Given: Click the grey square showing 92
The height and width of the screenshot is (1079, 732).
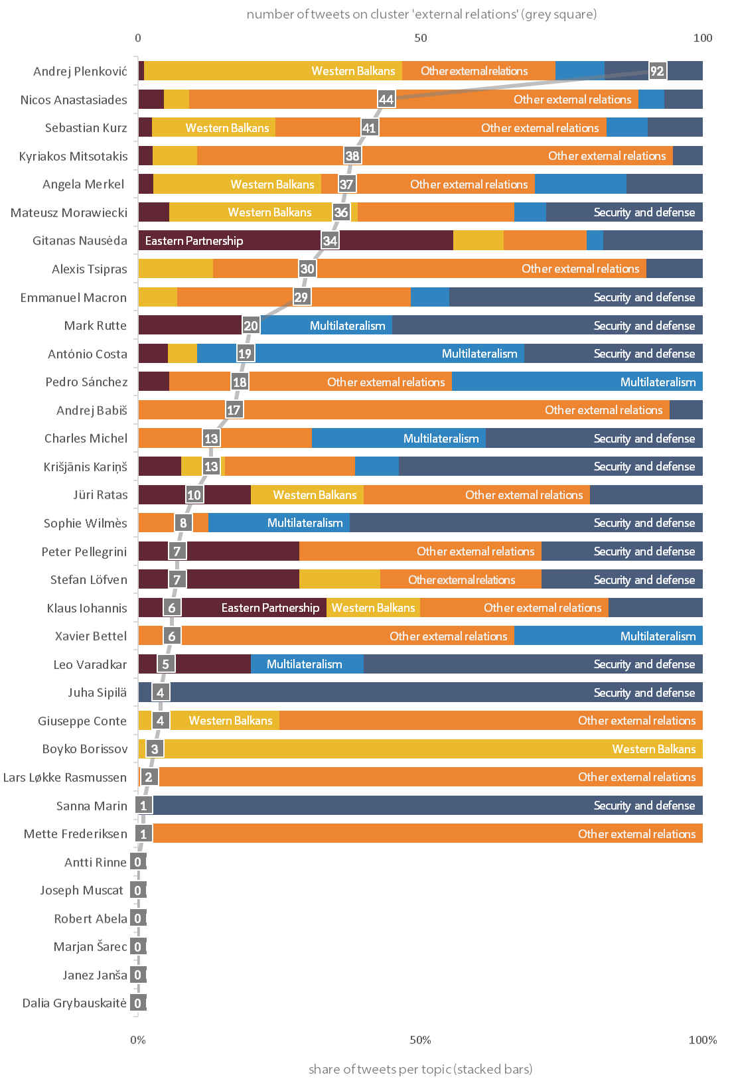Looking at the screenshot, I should tap(657, 71).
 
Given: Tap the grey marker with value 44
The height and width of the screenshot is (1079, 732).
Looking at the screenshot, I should tap(386, 100).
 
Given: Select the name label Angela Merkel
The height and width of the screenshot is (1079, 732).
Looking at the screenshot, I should tap(84, 184).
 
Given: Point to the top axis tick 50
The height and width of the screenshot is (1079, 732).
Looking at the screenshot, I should tap(421, 38).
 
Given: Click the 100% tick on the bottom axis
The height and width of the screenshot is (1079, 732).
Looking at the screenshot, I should tap(702, 1040).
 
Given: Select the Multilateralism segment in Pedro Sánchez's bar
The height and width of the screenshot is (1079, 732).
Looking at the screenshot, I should tap(577, 382).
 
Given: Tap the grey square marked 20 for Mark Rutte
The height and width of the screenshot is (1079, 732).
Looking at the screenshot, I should tap(251, 326).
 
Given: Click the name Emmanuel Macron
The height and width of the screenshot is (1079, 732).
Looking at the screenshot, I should tap(74, 297).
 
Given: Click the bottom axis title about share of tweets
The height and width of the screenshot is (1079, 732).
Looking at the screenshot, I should tap(420, 1069).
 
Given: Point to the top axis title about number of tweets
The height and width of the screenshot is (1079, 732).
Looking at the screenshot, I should tap(421, 14).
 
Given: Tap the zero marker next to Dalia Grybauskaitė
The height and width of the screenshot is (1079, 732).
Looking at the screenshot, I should tap(137, 1003).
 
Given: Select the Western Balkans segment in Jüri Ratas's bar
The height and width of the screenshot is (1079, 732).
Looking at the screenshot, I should tap(307, 495).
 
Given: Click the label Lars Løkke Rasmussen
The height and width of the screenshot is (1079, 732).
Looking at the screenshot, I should tap(65, 777).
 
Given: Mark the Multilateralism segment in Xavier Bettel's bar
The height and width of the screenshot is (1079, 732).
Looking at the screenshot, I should tap(608, 636).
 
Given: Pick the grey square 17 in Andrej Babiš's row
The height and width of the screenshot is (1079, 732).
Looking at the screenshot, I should tap(234, 410).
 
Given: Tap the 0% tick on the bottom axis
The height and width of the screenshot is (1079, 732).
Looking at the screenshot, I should tap(138, 1040).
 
